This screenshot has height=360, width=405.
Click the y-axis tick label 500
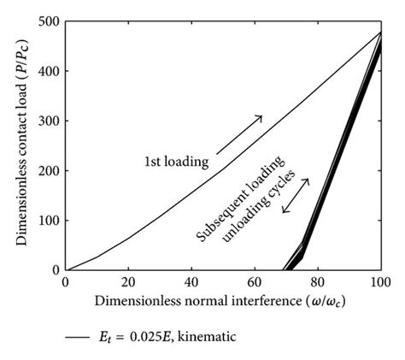[49, 20]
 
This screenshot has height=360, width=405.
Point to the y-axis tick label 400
[49, 70]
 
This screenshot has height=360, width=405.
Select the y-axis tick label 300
[49, 120]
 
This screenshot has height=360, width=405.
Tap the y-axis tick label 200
[49, 170]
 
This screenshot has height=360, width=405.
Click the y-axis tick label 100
[49, 220]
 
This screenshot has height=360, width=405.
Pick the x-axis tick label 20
[128, 281]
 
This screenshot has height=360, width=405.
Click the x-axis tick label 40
[191, 281]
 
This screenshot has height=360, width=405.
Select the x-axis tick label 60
[255, 281]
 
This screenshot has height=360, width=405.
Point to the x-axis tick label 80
[318, 281]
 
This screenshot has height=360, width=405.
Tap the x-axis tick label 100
[380, 281]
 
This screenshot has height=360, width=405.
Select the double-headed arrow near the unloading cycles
[296, 197]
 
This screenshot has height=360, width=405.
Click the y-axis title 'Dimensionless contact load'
[23, 145]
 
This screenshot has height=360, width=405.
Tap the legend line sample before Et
[77, 338]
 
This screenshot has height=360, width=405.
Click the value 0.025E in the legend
[141, 338]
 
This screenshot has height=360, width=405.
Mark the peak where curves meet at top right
[380, 32]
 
